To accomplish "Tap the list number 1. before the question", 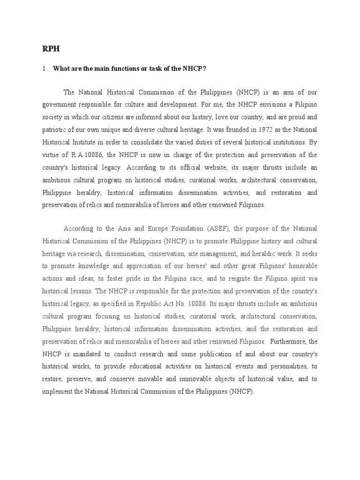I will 45,68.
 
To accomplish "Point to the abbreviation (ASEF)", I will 218,229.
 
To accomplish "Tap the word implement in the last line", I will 57,391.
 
